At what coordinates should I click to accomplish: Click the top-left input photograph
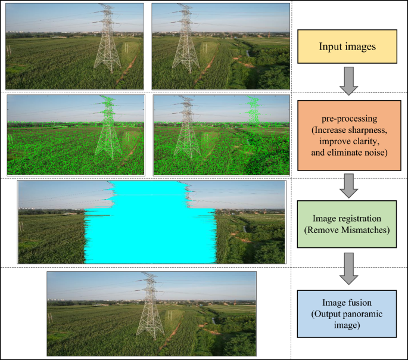click(x=74, y=46)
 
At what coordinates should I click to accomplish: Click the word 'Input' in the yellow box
click(x=331, y=46)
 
